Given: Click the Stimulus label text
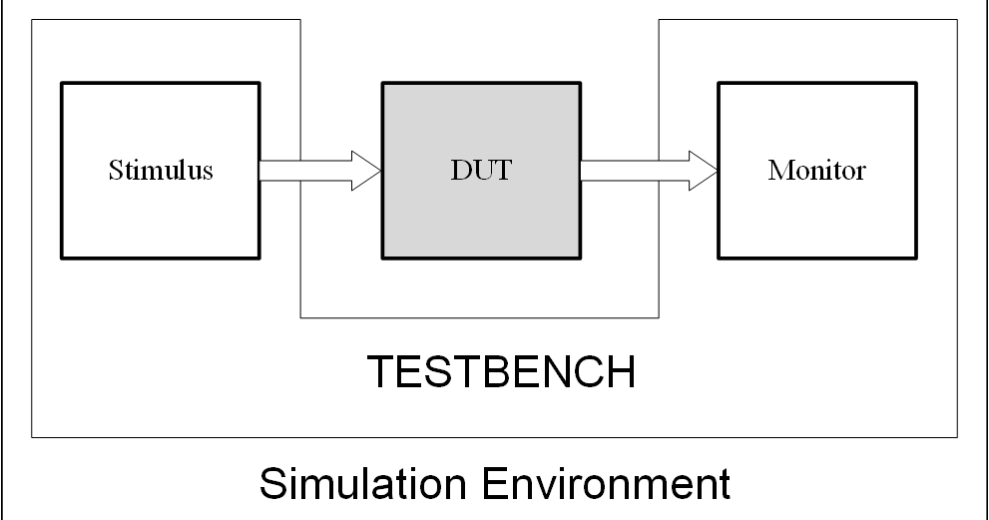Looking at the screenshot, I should pos(161,170).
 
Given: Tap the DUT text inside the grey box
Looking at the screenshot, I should pos(481,170).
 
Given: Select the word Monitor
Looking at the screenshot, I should pos(816,170).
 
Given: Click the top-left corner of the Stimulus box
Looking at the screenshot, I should pos(63,84).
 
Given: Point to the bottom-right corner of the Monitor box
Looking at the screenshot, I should pos(915,256).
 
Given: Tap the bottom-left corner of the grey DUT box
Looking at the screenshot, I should pos(383,256).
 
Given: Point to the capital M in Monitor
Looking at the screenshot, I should pos(778,170).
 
